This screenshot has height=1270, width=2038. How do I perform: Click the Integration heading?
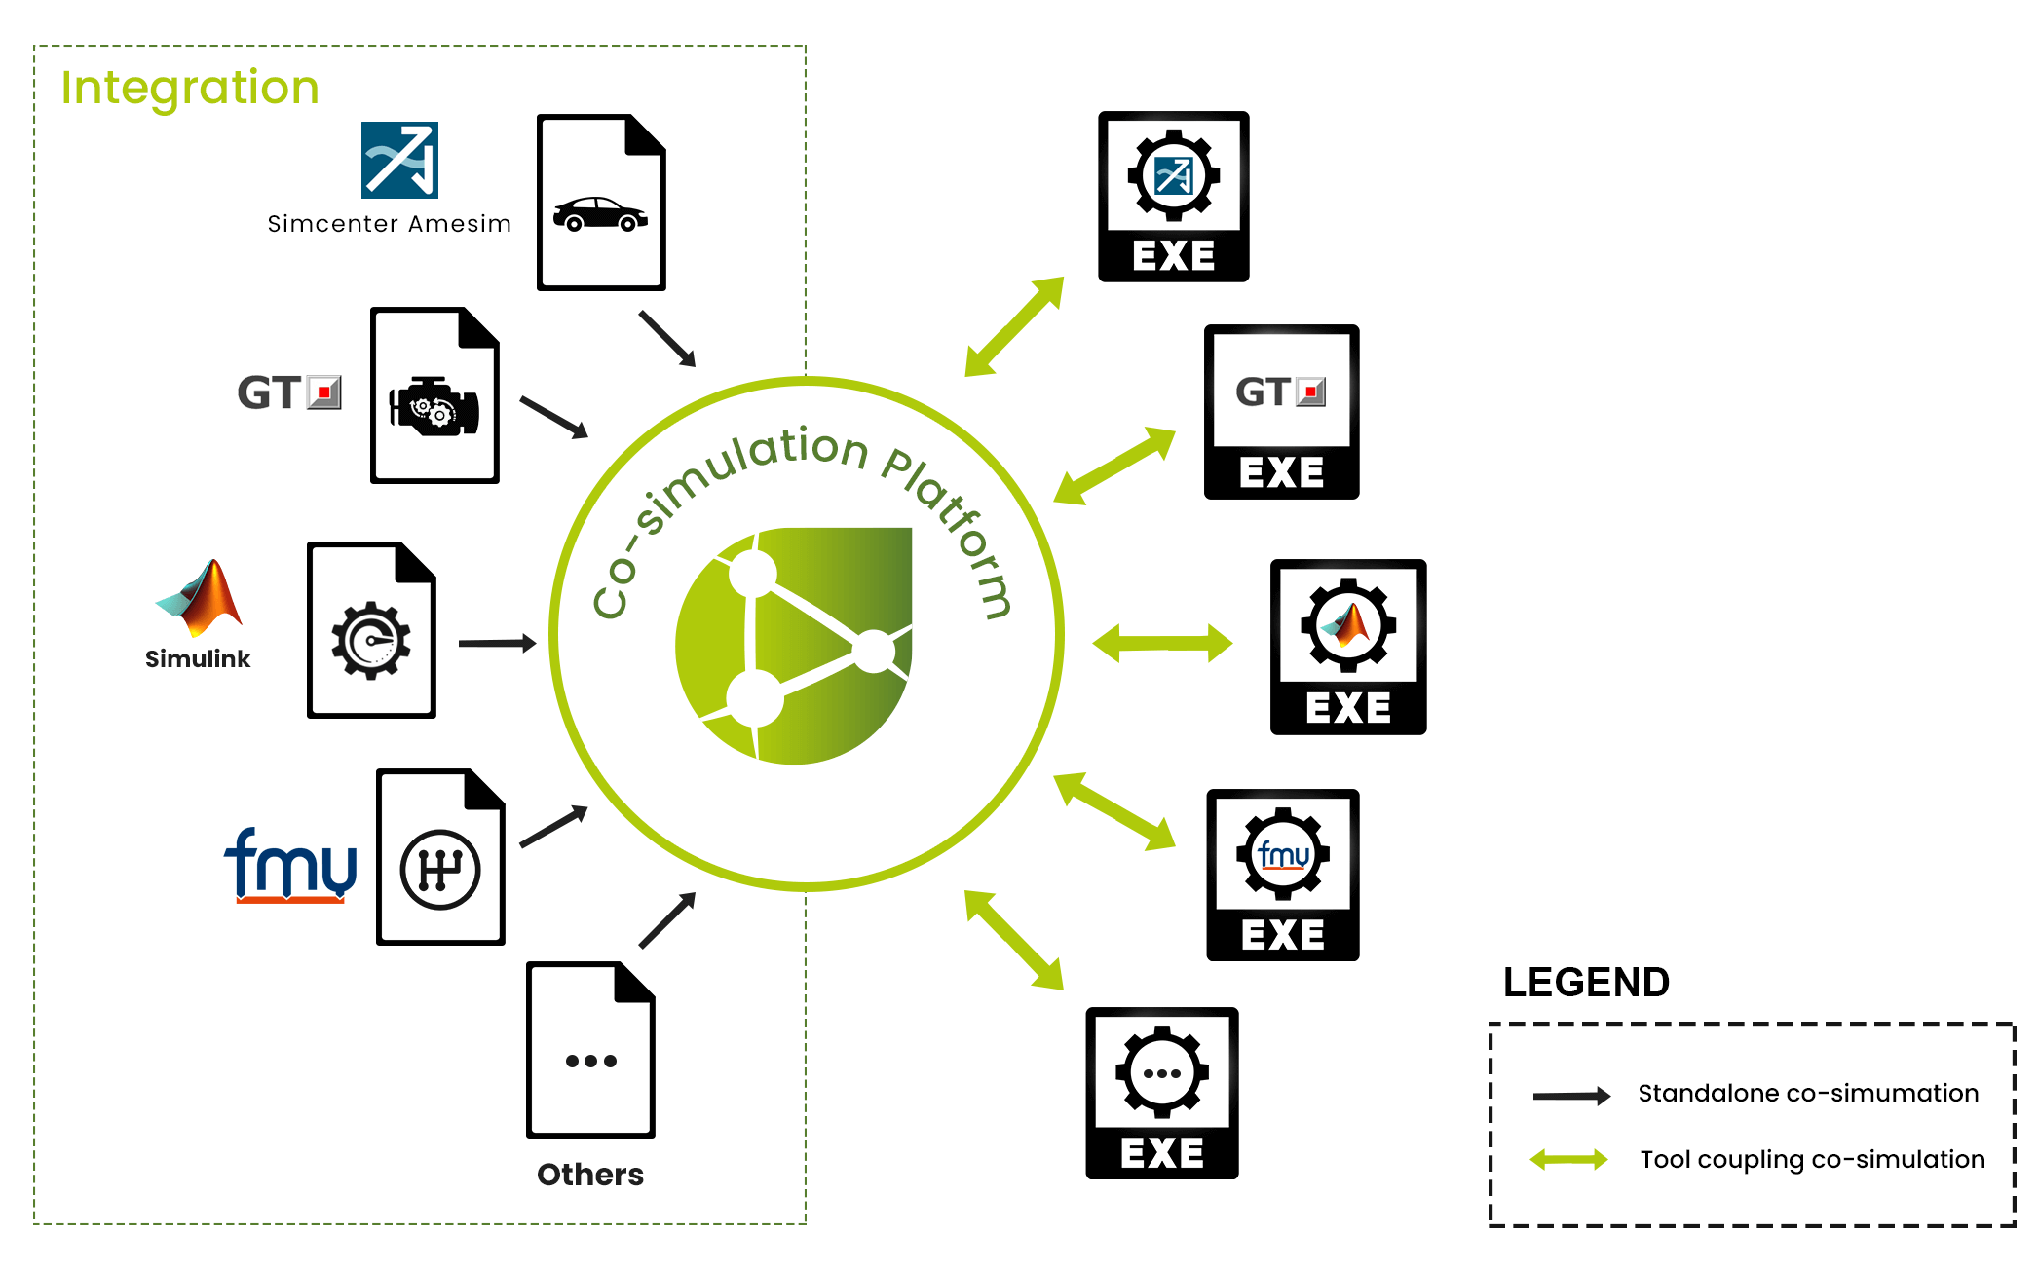pos(190,89)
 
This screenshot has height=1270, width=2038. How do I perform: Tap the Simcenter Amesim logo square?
pos(399,160)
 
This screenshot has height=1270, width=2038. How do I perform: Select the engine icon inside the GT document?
pos(434,405)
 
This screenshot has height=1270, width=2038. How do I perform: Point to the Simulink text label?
pos(198,658)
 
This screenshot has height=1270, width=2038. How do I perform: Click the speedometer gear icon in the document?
pos(371,641)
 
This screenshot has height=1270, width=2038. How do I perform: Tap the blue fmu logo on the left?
pos(290,865)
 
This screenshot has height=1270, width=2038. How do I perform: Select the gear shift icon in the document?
pos(440,870)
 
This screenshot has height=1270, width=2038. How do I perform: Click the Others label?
pos(590,1174)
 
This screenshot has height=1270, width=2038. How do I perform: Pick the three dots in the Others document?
pos(591,1061)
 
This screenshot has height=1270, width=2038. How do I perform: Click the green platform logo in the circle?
pos(794,646)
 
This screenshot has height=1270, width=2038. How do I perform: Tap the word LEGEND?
pos(1586,982)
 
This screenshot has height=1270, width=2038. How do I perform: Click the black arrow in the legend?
pos(1571,1096)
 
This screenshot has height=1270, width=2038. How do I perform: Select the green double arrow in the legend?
pos(1568,1159)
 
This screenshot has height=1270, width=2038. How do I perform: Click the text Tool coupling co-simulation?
pos(1812,1159)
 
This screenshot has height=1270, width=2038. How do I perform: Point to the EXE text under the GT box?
pos(1281,472)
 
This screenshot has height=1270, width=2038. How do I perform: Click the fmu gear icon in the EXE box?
pos(1283,854)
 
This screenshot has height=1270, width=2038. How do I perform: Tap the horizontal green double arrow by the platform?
pos(1163,644)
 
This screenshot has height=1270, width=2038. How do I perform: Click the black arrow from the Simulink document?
pos(497,643)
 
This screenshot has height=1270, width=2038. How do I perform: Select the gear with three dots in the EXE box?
pos(1162,1072)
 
